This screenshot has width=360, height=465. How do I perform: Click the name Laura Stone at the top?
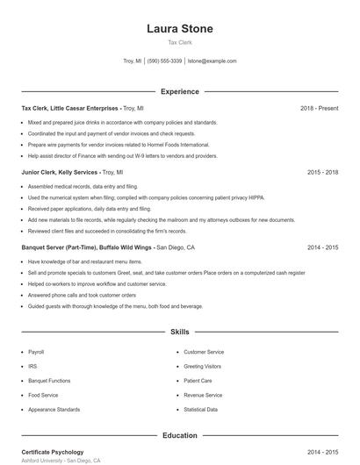[179, 28]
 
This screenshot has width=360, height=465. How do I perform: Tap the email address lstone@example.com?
[212, 61]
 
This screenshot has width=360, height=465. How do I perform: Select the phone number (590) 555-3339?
[164, 61]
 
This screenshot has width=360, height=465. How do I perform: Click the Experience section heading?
[179, 91]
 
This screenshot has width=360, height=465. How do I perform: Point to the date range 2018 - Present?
[319, 108]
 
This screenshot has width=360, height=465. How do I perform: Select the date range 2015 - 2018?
[323, 173]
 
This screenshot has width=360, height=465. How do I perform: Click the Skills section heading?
[179, 333]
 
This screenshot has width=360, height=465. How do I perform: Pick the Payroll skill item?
[36, 351]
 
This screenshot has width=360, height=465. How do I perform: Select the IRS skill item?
[32, 366]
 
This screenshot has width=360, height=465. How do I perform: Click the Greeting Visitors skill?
[202, 366]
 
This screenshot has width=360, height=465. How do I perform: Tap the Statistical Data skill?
[200, 410]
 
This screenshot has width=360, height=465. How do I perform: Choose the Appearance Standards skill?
[54, 410]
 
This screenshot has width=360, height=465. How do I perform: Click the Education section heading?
[179, 434]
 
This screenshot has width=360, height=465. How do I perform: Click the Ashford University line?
[61, 460]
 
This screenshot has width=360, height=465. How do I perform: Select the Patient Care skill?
[198, 381]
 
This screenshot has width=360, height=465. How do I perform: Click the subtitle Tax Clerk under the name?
[179, 42]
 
